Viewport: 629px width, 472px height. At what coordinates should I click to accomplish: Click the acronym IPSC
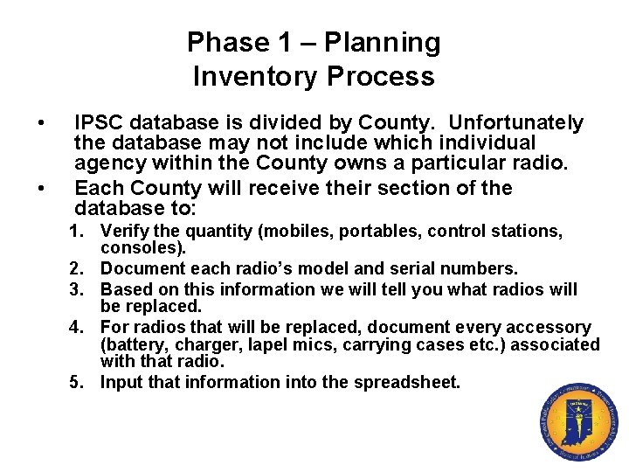click(103, 122)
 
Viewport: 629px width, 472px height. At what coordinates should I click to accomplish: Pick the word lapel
click(247, 344)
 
